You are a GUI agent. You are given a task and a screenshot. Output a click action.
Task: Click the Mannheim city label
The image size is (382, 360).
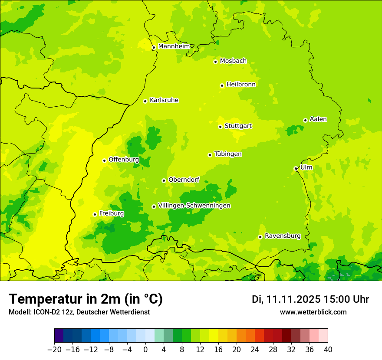(x=174, y=46)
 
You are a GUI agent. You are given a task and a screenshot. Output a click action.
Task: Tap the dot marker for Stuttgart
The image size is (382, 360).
(x=220, y=127)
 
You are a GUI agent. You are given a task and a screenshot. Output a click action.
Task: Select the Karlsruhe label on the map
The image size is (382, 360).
(x=164, y=100)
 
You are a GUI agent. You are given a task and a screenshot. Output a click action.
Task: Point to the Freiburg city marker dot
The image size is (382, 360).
(x=95, y=214)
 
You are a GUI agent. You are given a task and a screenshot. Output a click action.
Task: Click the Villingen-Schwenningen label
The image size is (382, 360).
(x=194, y=206)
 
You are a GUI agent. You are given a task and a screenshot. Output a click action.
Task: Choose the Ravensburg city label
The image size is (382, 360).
(x=282, y=236)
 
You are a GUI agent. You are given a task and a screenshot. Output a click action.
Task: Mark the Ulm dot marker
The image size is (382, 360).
(x=296, y=168)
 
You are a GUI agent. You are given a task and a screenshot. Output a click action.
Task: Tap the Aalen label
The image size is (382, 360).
(x=318, y=119)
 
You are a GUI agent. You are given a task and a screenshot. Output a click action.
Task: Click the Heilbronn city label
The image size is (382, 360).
(x=241, y=85)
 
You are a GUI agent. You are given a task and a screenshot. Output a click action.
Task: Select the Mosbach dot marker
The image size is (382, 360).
(x=215, y=62)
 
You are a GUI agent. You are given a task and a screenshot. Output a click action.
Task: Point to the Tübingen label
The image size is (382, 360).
(x=228, y=154)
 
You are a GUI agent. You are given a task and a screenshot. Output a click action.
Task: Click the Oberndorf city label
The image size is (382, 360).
(x=184, y=180)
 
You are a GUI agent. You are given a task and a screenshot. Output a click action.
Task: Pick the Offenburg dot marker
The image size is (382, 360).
(x=104, y=160)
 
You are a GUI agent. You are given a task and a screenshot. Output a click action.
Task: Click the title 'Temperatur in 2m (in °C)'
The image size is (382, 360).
(x=86, y=299)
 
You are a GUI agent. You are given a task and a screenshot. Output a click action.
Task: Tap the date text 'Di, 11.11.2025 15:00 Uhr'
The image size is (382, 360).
(x=310, y=299)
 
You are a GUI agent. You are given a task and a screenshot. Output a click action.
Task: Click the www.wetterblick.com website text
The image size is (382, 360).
(x=313, y=312)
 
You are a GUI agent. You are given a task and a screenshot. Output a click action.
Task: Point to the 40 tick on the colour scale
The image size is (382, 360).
(x=328, y=350)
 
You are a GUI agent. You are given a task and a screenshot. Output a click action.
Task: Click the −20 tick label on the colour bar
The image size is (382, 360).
(x=54, y=350)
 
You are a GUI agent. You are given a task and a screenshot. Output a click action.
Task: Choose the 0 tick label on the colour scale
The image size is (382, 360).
(x=145, y=350)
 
